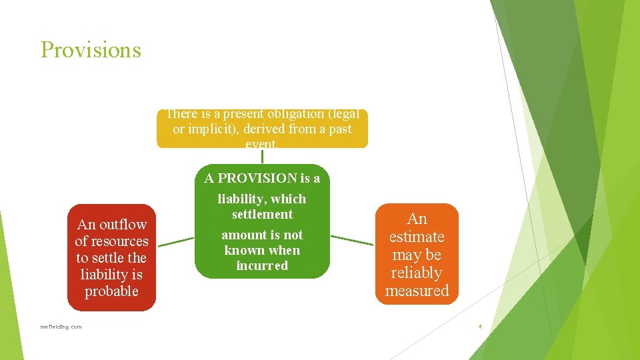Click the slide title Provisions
pyautogui.click(x=91, y=50)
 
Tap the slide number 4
pyautogui.click(x=479, y=327)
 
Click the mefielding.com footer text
pyautogui.click(x=61, y=327)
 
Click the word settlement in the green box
pyautogui.click(x=262, y=214)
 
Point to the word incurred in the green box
pyautogui.click(x=262, y=265)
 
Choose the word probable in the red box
pyautogui.click(x=111, y=291)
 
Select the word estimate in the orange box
pyautogui.click(x=417, y=237)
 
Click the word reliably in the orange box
pyautogui.click(x=417, y=273)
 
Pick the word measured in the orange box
pyautogui.click(x=417, y=291)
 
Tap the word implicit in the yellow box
pyautogui.click(x=207, y=129)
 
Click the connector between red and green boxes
pyautogui.click(x=175, y=241)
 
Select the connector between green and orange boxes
pyautogui.click(x=352, y=240)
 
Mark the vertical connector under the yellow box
pyautogui.click(x=262, y=155)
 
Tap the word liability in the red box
pyautogui.click(x=102, y=274)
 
